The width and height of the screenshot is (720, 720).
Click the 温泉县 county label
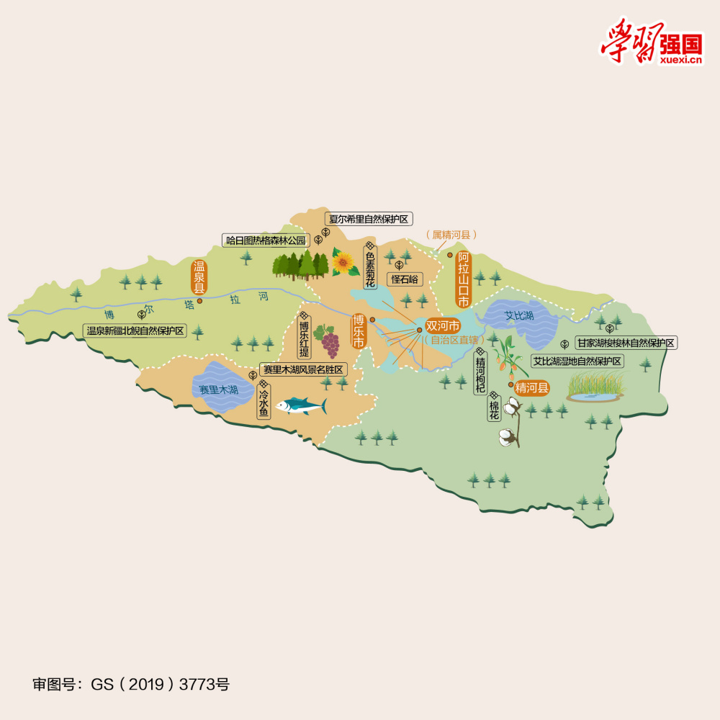tap(199, 276)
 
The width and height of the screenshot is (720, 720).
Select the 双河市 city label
tap(442, 326)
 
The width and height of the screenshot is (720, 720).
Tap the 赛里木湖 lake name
tap(219, 390)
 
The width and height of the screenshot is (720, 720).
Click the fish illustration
tap(301, 406)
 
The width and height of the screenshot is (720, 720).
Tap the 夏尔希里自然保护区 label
tap(368, 219)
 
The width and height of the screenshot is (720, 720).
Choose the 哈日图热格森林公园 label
tap(266, 240)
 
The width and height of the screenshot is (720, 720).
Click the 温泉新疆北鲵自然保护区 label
tap(135, 331)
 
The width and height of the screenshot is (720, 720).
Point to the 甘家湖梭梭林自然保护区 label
tap(625, 343)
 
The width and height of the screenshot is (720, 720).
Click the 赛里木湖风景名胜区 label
tap(302, 369)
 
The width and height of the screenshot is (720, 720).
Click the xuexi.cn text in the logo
tap(680, 60)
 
